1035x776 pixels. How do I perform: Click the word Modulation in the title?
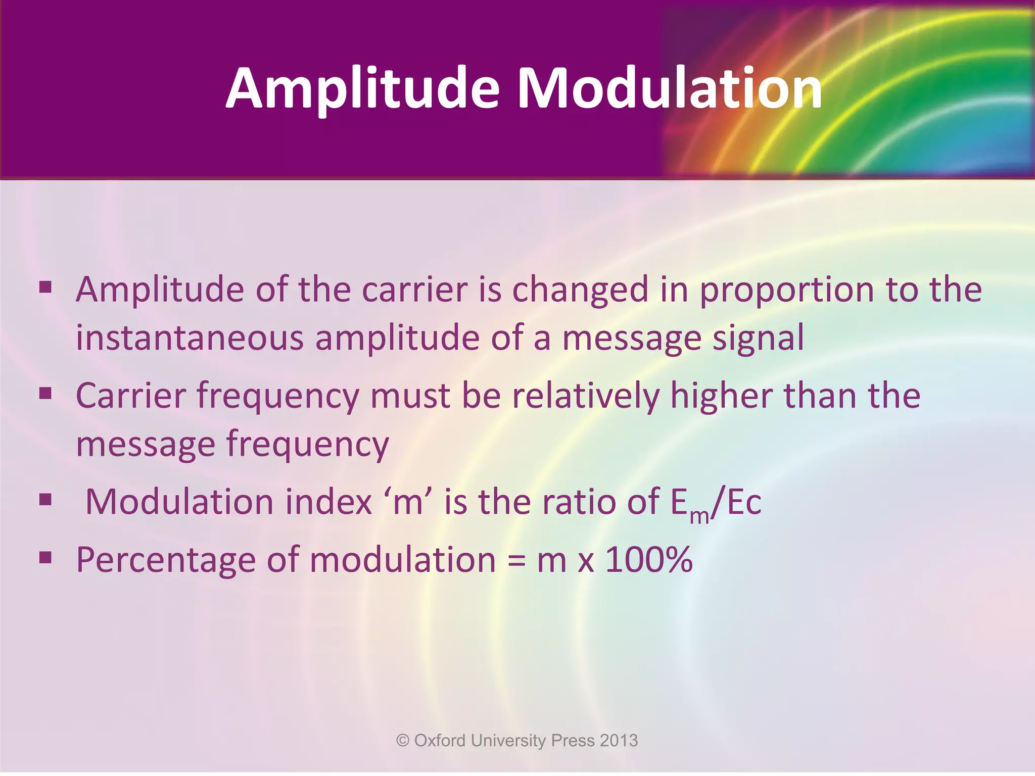(670, 89)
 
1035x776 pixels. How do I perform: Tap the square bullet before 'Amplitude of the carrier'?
(45, 287)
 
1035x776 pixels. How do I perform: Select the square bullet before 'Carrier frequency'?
(45, 393)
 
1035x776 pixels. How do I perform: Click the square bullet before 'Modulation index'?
(45, 500)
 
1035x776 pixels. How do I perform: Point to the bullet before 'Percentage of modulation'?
(45, 558)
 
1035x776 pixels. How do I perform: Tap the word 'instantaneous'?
(190, 338)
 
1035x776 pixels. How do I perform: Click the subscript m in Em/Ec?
(699, 516)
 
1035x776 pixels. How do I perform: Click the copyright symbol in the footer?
(403, 741)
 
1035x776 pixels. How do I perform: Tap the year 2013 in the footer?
(619, 741)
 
